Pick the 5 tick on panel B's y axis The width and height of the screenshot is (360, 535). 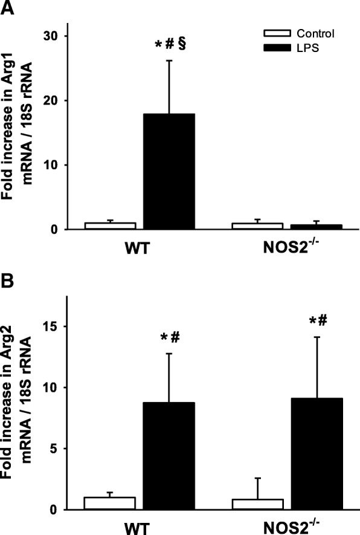57,449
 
